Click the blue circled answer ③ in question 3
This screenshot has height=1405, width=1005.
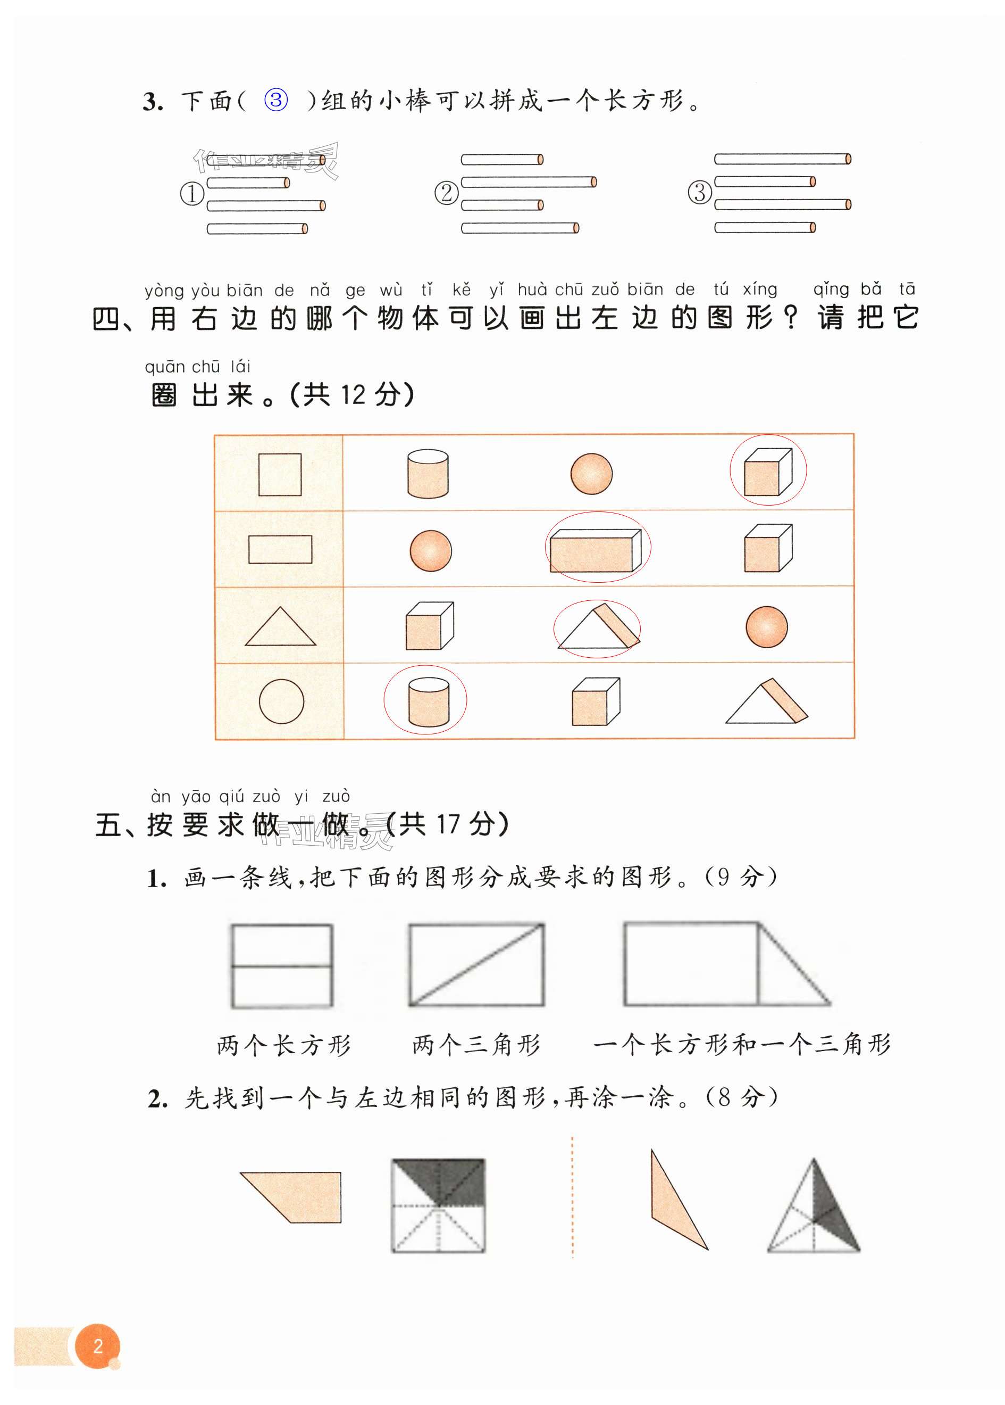pos(276,100)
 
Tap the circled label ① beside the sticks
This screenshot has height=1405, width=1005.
pos(192,194)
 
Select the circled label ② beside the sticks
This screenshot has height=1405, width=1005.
pos(446,193)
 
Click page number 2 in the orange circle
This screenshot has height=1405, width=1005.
pos(98,1345)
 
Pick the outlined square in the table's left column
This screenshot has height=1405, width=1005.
pos(280,474)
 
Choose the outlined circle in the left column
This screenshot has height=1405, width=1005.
pos(281,701)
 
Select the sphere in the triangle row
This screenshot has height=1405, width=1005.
pos(766,626)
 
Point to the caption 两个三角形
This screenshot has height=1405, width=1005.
pos(476,1045)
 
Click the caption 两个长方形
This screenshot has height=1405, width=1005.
pos(284,1045)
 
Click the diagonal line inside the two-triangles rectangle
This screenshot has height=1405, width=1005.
pos(476,965)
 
